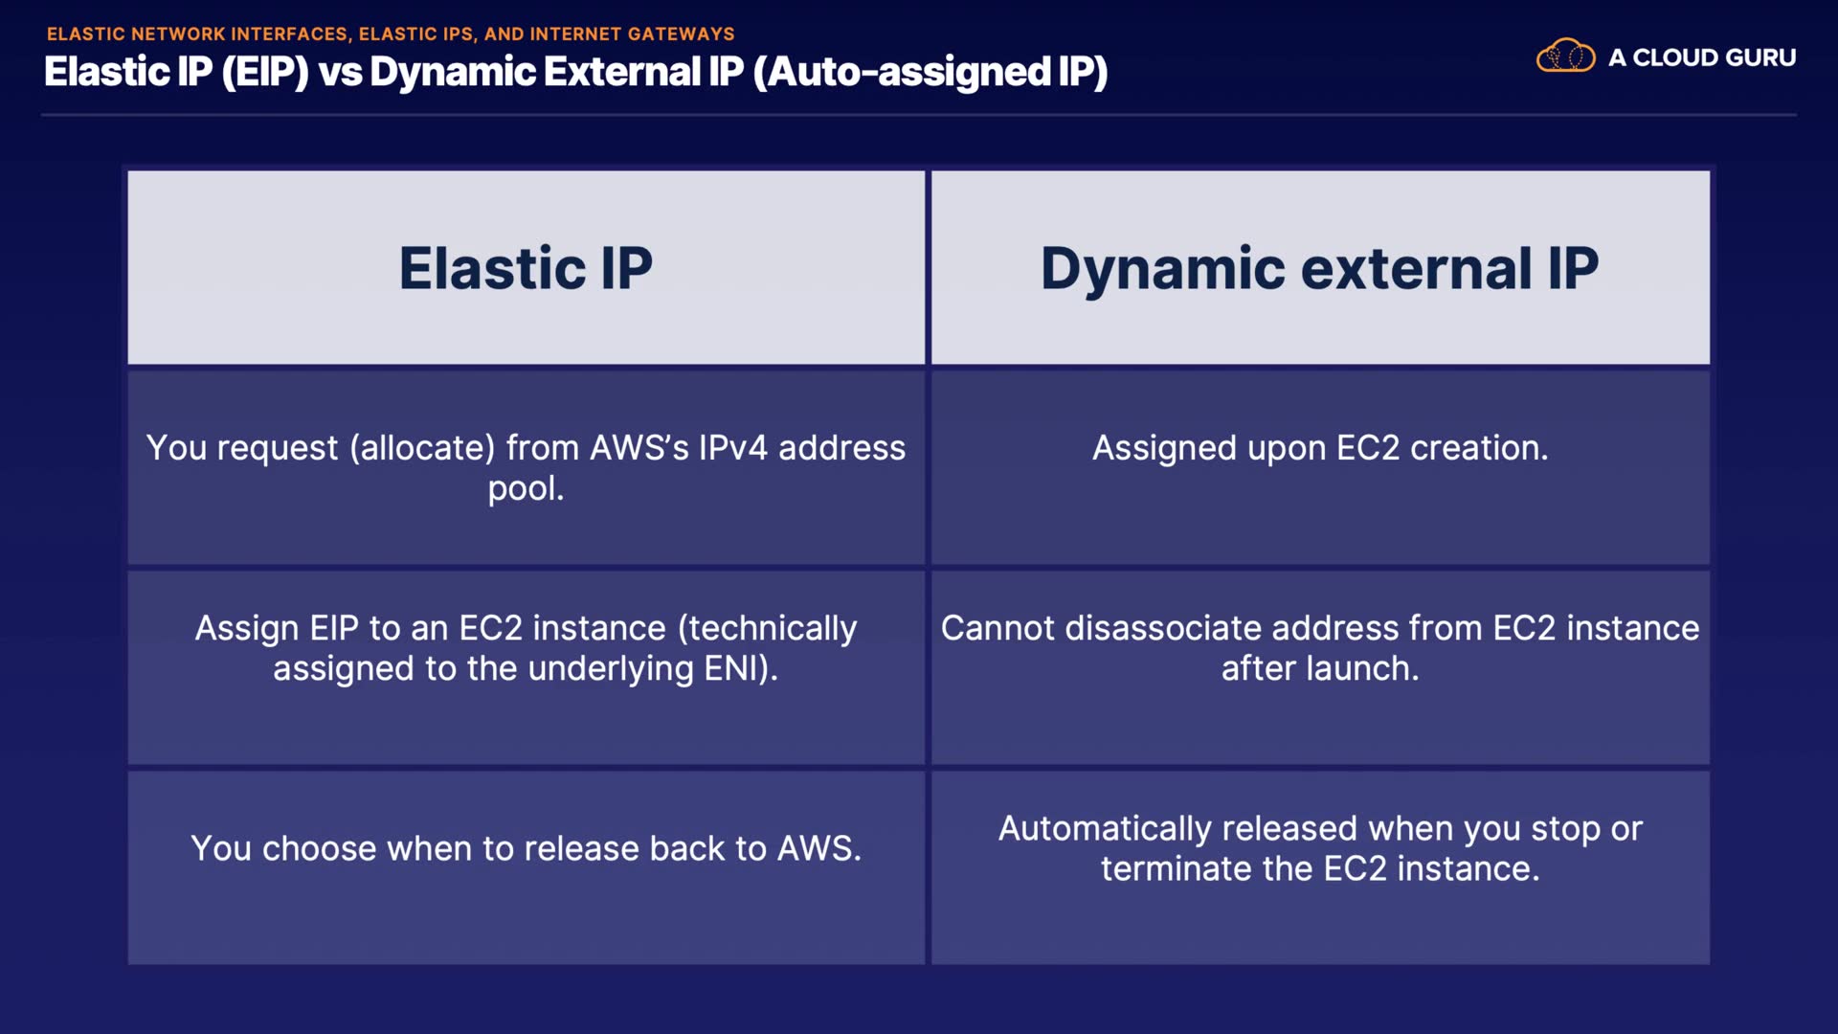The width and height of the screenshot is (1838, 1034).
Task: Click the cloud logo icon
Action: [x=1565, y=56]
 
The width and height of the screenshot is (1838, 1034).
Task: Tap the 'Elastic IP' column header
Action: [x=526, y=267]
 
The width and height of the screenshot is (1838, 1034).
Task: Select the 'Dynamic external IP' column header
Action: [x=1319, y=267]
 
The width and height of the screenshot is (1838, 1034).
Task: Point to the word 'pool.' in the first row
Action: [x=526, y=489]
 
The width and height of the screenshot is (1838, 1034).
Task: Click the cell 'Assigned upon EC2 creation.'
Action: [x=1319, y=448]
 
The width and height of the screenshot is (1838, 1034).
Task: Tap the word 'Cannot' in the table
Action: [x=997, y=628]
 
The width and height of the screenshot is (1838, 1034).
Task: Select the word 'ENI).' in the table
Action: [x=741, y=668]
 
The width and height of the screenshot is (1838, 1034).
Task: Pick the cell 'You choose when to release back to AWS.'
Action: [x=526, y=848]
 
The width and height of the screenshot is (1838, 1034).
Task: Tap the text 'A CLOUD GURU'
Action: [x=1701, y=57]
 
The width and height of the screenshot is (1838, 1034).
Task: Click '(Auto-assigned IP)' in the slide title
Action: [x=930, y=72]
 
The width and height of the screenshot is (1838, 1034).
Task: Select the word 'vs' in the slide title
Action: [x=339, y=73]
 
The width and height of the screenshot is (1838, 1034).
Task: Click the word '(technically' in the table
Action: [x=767, y=628]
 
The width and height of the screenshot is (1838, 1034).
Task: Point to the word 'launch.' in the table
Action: [x=1366, y=668]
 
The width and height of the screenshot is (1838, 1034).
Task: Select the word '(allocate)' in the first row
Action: [x=422, y=448]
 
